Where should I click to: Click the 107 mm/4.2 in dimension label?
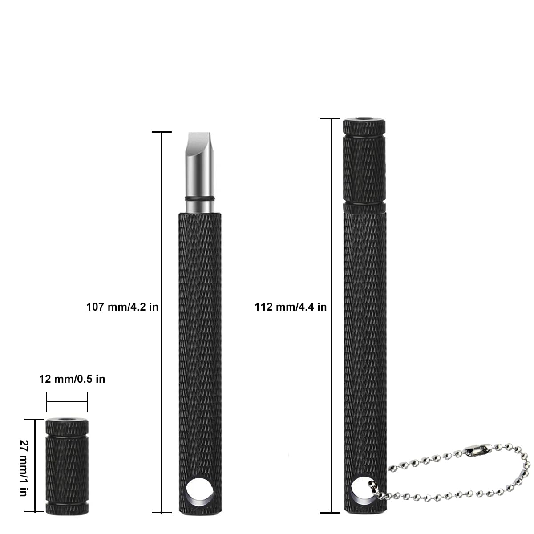[122, 307]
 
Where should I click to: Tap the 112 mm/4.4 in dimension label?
[291, 307]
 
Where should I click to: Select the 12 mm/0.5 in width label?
[72, 379]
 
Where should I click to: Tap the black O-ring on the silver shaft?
[199, 198]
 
